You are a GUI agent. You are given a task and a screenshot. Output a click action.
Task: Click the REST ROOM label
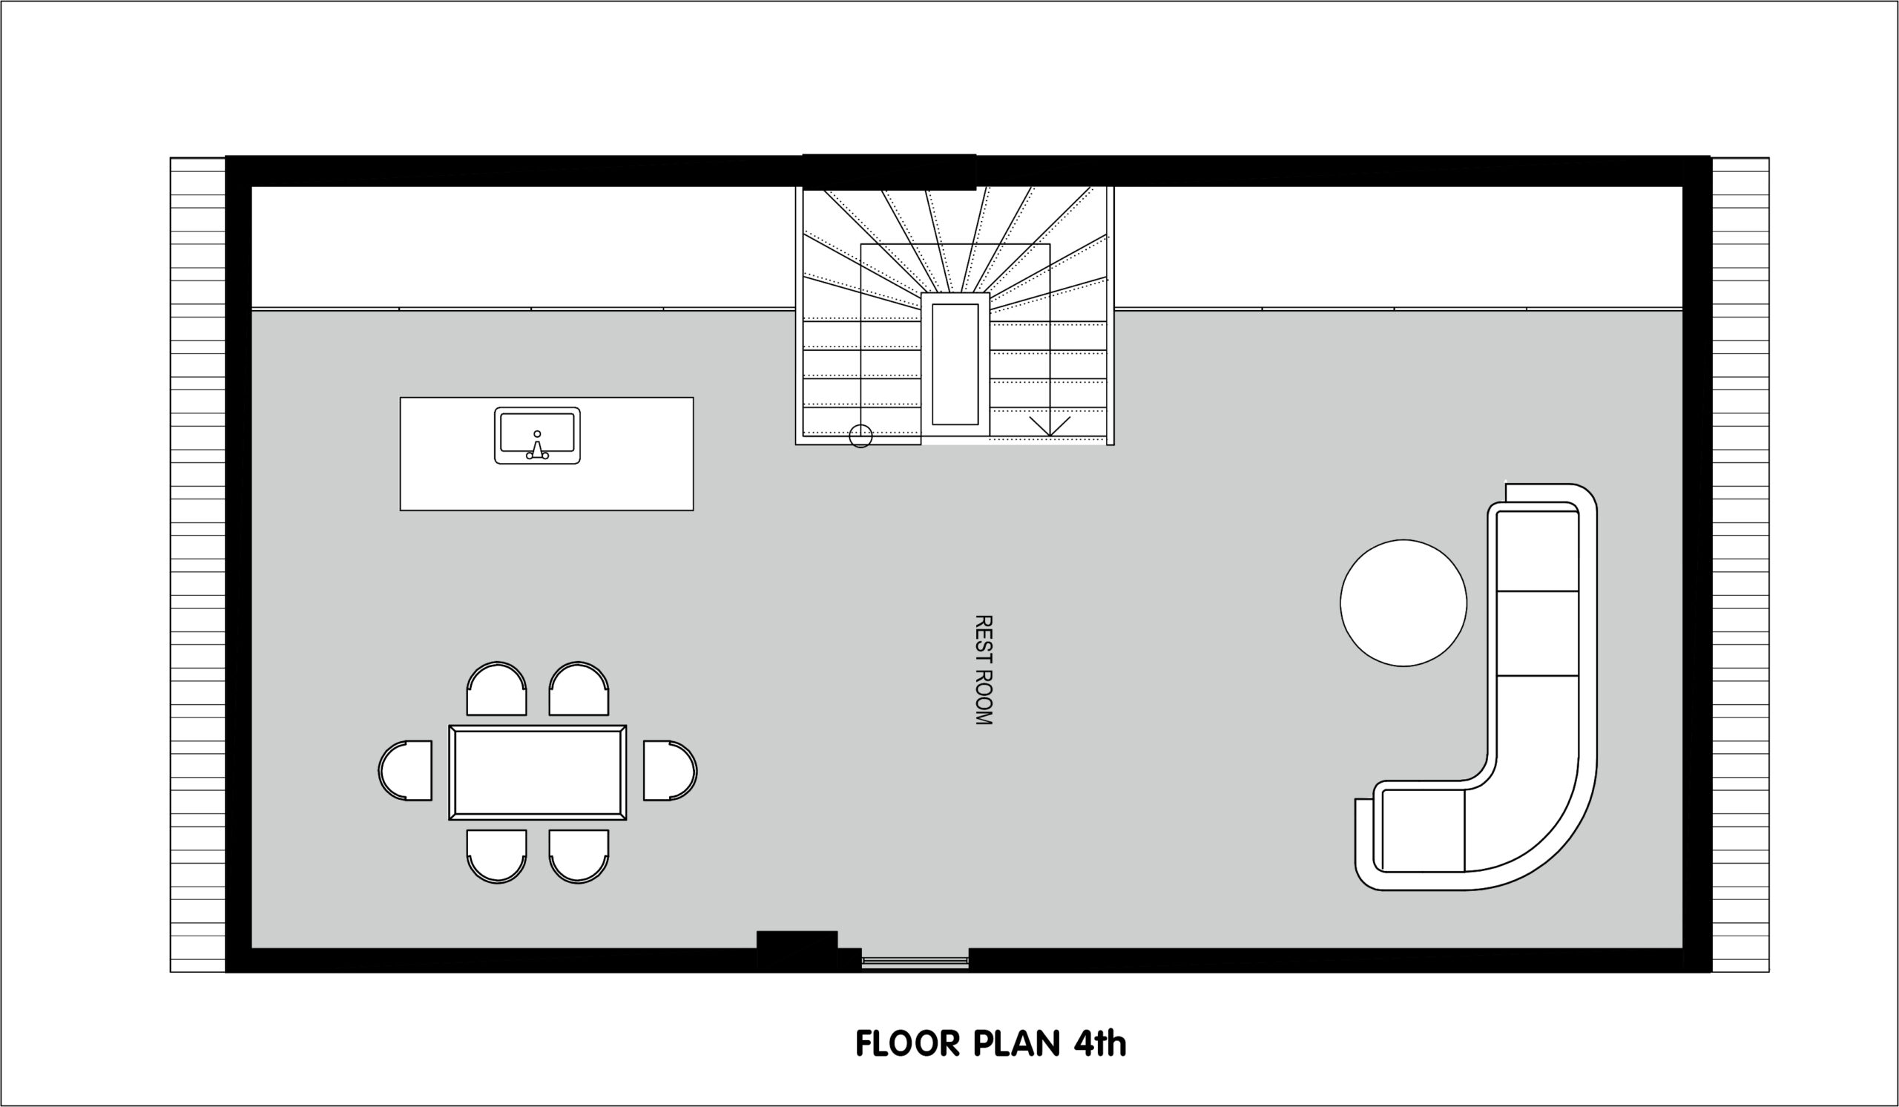click(x=984, y=670)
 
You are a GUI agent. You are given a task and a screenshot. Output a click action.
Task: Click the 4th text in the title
click(x=1099, y=1044)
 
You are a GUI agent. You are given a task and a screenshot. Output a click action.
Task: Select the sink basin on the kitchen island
click(x=537, y=435)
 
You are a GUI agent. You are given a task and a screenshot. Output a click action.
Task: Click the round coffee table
click(x=1403, y=603)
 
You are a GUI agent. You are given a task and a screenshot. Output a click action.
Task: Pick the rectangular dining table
click(x=537, y=772)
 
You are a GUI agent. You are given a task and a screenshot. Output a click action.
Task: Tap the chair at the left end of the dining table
click(x=406, y=770)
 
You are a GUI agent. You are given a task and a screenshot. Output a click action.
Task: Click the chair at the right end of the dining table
click(x=670, y=770)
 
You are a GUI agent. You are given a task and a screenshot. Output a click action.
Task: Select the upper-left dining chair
click(x=496, y=689)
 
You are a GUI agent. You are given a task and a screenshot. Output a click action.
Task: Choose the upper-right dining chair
click(x=579, y=689)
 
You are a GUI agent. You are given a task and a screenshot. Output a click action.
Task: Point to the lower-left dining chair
click(x=496, y=856)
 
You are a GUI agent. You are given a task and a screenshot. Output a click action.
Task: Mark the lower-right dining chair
click(x=579, y=856)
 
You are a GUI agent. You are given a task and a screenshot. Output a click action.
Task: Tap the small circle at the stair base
click(x=860, y=436)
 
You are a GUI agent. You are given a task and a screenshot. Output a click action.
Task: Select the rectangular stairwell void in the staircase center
click(x=955, y=364)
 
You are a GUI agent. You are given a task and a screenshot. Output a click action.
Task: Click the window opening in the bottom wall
click(x=915, y=961)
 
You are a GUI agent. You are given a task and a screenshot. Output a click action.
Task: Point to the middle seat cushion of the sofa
click(x=1537, y=633)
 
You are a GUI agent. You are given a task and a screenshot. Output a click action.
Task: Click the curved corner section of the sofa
click(x=1530, y=829)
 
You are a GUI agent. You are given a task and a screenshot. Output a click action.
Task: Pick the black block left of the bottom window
click(x=797, y=951)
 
